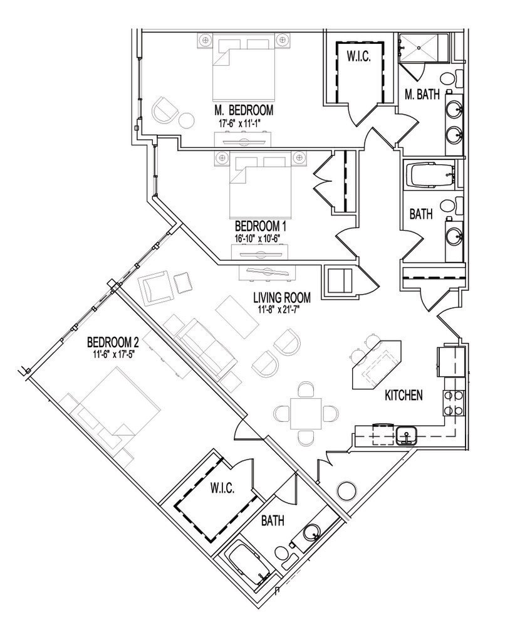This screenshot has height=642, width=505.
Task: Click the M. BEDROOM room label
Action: [243, 110]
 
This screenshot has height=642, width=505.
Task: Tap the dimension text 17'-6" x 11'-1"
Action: [243, 124]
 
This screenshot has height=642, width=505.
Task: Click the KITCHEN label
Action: [403, 396]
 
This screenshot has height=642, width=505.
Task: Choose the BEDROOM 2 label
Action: [113, 342]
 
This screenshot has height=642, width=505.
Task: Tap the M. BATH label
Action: [421, 95]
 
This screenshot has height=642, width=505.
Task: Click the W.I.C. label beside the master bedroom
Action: [359, 56]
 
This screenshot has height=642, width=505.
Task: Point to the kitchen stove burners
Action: [453, 403]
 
